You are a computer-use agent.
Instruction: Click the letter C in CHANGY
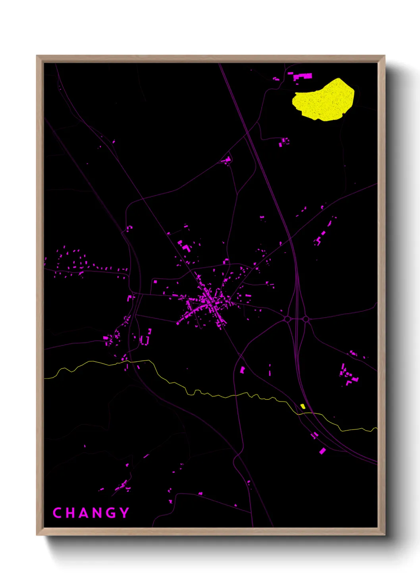point(57,513)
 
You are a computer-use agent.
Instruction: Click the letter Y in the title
point(125,513)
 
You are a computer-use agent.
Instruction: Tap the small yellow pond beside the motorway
point(303,406)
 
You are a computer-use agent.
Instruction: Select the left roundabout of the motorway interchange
point(287,319)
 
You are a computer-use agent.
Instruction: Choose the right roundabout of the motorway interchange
point(306,319)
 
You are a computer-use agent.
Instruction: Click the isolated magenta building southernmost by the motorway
point(322,451)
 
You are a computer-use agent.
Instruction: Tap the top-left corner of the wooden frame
point(37,56)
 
